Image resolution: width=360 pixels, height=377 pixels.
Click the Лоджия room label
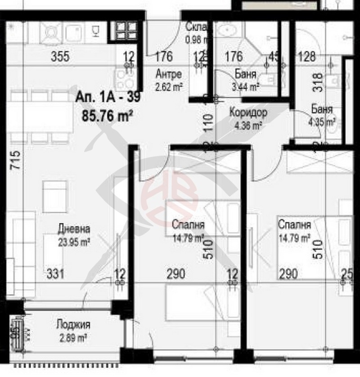[x=74, y=324]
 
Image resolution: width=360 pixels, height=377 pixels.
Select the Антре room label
[x=169, y=74]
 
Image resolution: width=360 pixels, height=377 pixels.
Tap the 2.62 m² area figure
[x=169, y=86]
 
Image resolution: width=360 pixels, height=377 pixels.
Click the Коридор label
[x=248, y=112]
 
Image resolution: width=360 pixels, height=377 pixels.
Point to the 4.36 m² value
[x=248, y=126]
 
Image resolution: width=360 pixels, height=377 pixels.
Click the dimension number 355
[x=60, y=57]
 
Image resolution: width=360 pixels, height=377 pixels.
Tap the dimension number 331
[x=56, y=274]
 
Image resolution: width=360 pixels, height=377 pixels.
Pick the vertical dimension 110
[x=208, y=121]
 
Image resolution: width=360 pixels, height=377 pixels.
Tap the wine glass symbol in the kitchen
[x=95, y=31]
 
